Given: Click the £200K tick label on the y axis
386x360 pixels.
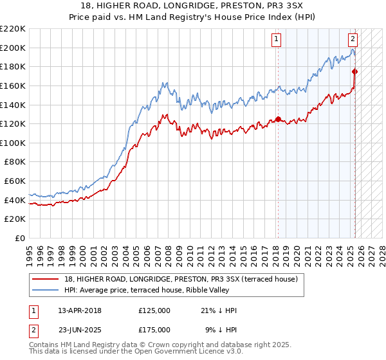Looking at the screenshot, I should (13, 48).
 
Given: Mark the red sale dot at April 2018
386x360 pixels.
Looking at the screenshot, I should (278, 119).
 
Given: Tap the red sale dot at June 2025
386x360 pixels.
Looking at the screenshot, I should (355, 71).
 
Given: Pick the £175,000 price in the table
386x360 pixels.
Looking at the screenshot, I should (154, 329).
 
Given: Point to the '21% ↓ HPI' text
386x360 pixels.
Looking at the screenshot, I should (219, 310).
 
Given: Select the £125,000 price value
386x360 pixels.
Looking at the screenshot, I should (154, 310).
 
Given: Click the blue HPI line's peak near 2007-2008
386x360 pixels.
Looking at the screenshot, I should (166, 83).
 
